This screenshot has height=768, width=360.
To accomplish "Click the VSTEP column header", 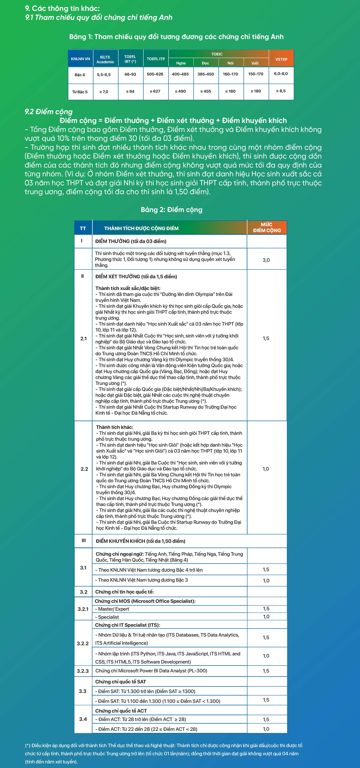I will [281, 59].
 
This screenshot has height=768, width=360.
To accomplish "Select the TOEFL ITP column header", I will [155, 59].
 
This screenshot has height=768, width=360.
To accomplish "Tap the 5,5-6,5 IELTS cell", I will [104, 75].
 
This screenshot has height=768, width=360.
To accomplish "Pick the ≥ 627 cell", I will [155, 91].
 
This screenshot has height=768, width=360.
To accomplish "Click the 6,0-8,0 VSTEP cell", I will [281, 74].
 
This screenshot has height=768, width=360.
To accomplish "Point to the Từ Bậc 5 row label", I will [80, 92].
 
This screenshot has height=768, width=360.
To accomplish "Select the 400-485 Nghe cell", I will [180, 74].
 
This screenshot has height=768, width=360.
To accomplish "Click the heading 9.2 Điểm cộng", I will [48, 112].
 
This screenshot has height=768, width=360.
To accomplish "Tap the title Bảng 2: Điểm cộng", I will [171, 210].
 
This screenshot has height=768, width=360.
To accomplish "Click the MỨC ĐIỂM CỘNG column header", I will [267, 227].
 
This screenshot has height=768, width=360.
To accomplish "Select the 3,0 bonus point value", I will [266, 260].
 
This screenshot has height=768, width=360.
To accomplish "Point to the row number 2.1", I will [83, 339].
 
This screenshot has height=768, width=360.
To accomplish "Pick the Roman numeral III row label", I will [84, 541].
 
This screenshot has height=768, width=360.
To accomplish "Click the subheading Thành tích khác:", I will [114, 427].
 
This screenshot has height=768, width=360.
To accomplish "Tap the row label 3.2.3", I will [83, 671].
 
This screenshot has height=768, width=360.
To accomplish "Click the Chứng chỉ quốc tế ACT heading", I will [121, 711].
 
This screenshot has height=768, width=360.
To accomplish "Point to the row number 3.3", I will [83, 691].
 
